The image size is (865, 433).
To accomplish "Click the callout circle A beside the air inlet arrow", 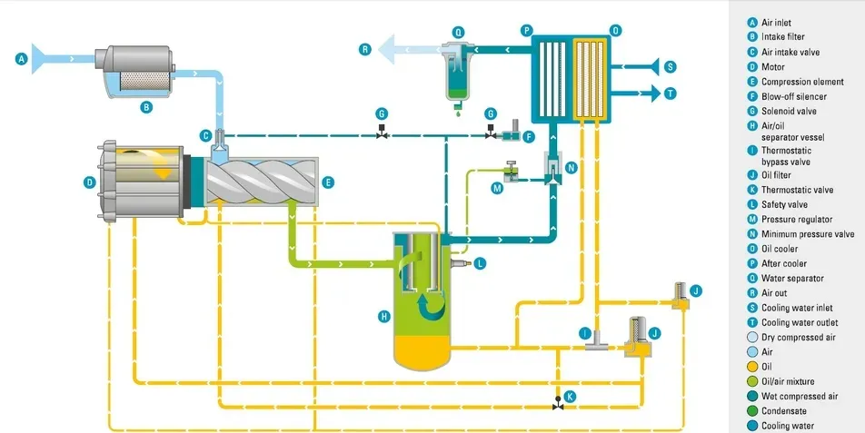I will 22,61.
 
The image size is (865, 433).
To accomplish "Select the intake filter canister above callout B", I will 137,68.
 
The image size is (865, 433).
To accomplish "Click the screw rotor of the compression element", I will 263,182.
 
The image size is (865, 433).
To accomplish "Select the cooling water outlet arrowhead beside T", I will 651,92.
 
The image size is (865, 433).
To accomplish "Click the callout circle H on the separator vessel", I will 384,316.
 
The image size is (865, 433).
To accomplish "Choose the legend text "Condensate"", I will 784,411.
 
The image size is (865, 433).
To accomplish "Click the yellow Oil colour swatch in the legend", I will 751,367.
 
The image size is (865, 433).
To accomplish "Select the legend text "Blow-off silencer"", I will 793,95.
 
